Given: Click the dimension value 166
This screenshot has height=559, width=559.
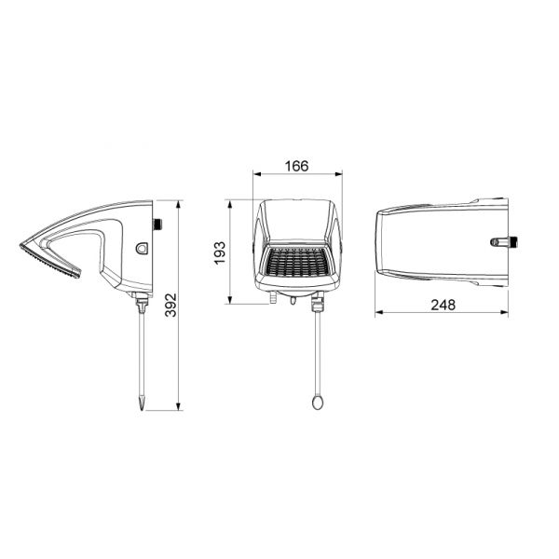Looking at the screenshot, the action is click(296, 166).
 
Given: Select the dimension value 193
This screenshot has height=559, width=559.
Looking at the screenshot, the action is click(220, 252).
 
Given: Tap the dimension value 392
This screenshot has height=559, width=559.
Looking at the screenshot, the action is click(171, 305).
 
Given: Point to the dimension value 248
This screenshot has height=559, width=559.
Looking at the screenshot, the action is click(443, 305).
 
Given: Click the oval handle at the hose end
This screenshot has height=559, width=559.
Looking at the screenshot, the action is click(317, 402).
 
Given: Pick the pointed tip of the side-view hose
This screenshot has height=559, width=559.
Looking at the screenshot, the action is click(142, 410).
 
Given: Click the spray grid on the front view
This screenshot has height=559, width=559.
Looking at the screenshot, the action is click(297, 263).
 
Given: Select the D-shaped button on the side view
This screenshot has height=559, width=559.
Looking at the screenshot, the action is click(142, 248).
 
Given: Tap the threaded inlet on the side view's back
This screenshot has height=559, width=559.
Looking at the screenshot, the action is click(157, 225).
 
